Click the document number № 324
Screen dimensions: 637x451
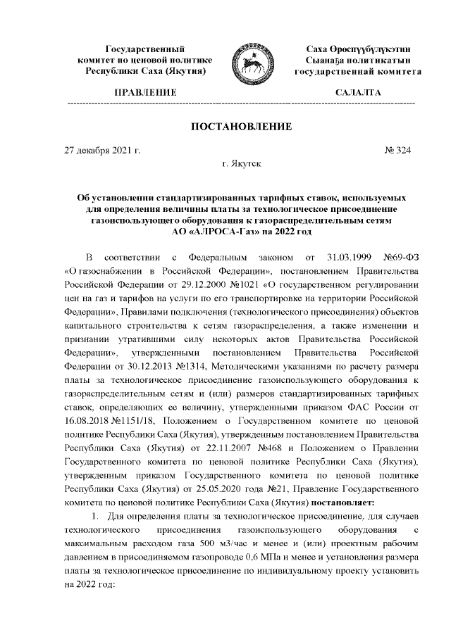397,150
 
